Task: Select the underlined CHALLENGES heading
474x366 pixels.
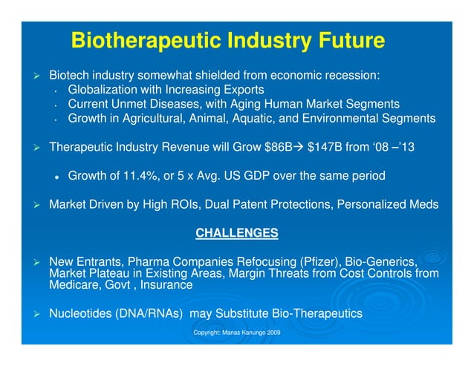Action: pos(236,233)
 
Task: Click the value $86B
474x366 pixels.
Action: pos(279,148)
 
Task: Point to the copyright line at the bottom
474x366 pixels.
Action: pos(236,333)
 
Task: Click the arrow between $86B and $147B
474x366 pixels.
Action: pos(300,148)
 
